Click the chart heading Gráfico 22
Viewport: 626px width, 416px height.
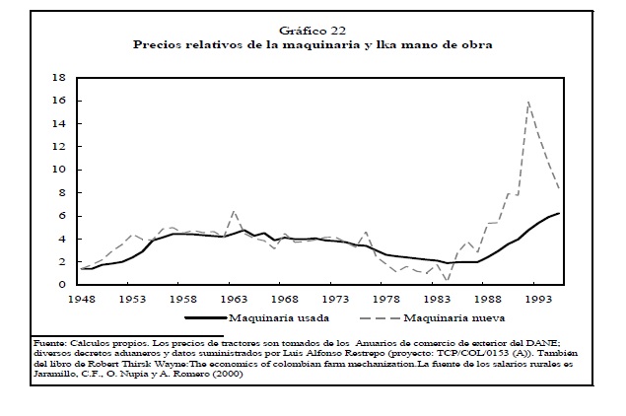click(x=312, y=32)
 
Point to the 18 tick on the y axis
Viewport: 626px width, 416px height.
click(x=58, y=77)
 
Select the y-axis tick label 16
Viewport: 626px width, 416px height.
click(x=58, y=101)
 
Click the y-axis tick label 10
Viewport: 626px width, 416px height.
click(x=58, y=170)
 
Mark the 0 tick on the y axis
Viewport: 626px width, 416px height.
click(x=61, y=285)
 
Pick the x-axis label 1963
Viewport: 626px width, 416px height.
click(x=234, y=298)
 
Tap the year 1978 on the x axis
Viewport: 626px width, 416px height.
click(x=383, y=298)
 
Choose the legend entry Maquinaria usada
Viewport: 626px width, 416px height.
click(x=276, y=319)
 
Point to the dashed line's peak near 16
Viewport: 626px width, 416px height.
click(x=529, y=101)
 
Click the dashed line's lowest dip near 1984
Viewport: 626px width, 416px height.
click(x=447, y=280)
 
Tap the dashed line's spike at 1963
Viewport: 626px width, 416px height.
click(x=234, y=211)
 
